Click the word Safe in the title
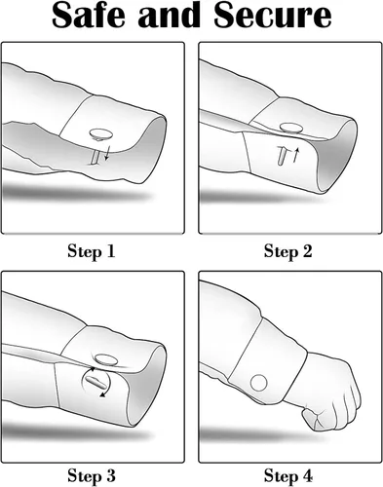(89, 16)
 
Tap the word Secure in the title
(273, 16)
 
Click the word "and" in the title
(170, 16)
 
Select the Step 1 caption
(92, 251)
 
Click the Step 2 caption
(287, 251)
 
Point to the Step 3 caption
(92, 476)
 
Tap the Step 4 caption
(287, 476)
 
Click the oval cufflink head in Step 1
(100, 133)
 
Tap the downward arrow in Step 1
(107, 153)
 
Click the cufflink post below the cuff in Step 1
(95, 157)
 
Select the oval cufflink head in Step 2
(291, 128)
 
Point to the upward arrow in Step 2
(295, 155)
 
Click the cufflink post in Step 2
(282, 155)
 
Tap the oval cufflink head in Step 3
(105, 359)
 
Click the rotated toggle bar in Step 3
(96, 382)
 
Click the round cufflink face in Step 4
(259, 383)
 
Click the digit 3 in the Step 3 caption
(110, 476)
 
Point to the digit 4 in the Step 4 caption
(307, 476)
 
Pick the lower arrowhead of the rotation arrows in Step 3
(102, 394)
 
